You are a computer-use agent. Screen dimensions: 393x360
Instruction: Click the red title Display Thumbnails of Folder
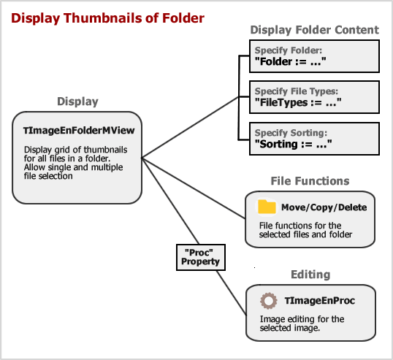coord(108,18)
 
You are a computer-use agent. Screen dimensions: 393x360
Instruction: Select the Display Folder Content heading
coord(315,30)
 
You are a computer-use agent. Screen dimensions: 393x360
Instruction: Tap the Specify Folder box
coord(314,56)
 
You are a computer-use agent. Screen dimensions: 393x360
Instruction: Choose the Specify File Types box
coord(314,97)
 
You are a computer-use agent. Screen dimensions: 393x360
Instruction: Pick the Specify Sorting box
coord(314,139)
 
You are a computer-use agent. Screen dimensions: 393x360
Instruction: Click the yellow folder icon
coord(267,207)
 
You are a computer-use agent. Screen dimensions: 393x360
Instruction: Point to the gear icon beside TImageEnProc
coord(269,301)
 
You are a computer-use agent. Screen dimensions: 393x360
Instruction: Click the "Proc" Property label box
coord(201,257)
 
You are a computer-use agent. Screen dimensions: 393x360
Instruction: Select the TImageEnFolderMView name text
coord(79,131)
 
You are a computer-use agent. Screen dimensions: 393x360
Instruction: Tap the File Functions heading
coord(310,181)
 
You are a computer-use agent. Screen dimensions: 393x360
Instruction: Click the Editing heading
coord(310,275)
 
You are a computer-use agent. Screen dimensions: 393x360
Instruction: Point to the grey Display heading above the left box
coord(77,102)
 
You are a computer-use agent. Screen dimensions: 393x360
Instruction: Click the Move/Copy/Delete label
coord(324,207)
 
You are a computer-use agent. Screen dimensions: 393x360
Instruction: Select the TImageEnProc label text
coord(320,301)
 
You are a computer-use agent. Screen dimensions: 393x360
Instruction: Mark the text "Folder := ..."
coord(291,61)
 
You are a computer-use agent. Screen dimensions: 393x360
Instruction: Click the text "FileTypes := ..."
coord(298,103)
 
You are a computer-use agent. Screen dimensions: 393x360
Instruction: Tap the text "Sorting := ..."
coord(293,145)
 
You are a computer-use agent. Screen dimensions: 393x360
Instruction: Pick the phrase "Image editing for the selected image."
coord(302,323)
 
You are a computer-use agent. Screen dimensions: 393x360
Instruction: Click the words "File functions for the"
coord(300,226)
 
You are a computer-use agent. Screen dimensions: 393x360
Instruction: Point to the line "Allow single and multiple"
coord(74,167)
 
